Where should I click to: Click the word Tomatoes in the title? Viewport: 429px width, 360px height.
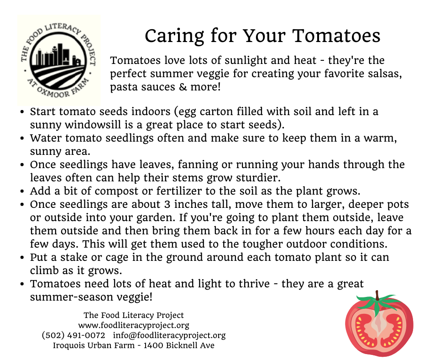[x=336, y=36]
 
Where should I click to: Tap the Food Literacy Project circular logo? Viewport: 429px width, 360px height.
[x=59, y=61]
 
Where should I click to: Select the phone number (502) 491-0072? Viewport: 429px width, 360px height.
[x=73, y=335]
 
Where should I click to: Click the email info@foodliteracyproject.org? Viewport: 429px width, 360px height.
[x=169, y=335]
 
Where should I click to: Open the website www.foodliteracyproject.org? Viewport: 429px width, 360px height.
[x=134, y=325]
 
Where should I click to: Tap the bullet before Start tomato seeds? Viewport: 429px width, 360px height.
[x=22, y=112]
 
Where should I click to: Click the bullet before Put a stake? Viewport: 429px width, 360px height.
[x=22, y=258]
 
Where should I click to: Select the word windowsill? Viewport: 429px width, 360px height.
[x=93, y=125]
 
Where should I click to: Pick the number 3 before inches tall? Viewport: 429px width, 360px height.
[x=167, y=204]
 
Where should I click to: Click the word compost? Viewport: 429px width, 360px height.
[x=116, y=191]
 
